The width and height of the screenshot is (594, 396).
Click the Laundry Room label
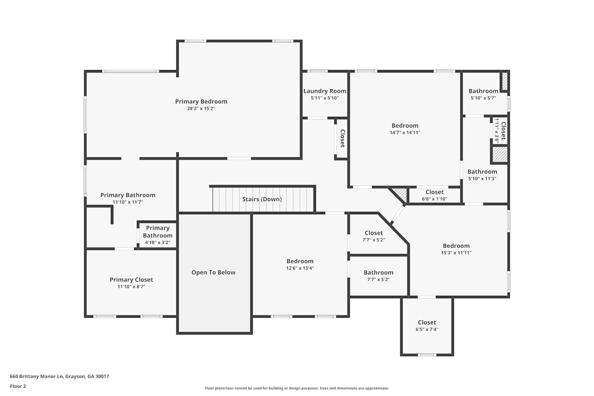[325, 91]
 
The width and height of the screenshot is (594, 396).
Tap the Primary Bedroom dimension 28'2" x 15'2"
[201, 109]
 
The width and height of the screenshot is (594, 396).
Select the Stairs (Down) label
[262, 199]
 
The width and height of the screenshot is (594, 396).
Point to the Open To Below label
[213, 272]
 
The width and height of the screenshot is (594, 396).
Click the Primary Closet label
[131, 280]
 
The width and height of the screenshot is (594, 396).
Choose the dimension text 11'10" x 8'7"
[131, 287]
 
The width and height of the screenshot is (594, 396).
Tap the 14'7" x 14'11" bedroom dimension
[405, 133]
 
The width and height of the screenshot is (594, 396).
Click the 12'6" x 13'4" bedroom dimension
[300, 268]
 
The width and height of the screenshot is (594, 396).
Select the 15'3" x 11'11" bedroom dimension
[456, 253]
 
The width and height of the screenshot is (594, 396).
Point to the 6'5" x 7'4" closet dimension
[427, 329]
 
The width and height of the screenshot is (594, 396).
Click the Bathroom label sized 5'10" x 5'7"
[484, 91]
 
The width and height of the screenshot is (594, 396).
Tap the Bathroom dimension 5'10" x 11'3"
[482, 179]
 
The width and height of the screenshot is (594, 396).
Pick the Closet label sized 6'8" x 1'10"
[435, 192]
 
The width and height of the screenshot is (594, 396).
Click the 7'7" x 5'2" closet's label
[374, 233]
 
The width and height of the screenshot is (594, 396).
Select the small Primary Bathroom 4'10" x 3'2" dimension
[158, 242]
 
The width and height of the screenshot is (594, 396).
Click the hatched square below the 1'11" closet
[500, 154]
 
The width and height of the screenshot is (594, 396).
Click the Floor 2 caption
[18, 386]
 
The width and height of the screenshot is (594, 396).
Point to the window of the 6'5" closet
[427, 355]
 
